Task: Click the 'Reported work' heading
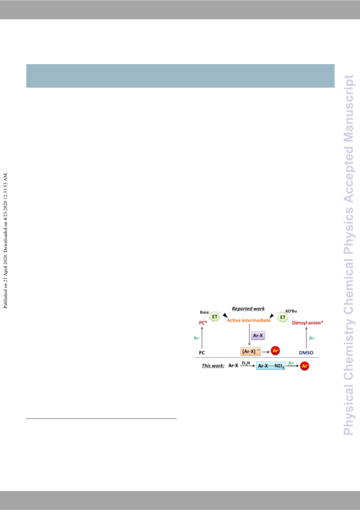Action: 248,309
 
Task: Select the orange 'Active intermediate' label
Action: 249,321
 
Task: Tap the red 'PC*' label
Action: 203,323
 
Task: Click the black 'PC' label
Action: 202,352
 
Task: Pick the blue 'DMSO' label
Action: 306,352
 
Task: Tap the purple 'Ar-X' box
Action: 259,335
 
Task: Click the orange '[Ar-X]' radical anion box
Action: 251,351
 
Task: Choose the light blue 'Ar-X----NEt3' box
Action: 271,366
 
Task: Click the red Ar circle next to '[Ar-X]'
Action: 275,351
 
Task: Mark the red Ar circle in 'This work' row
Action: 305,366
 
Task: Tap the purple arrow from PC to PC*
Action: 202,337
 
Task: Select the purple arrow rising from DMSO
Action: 306,337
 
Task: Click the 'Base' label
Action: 205,312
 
